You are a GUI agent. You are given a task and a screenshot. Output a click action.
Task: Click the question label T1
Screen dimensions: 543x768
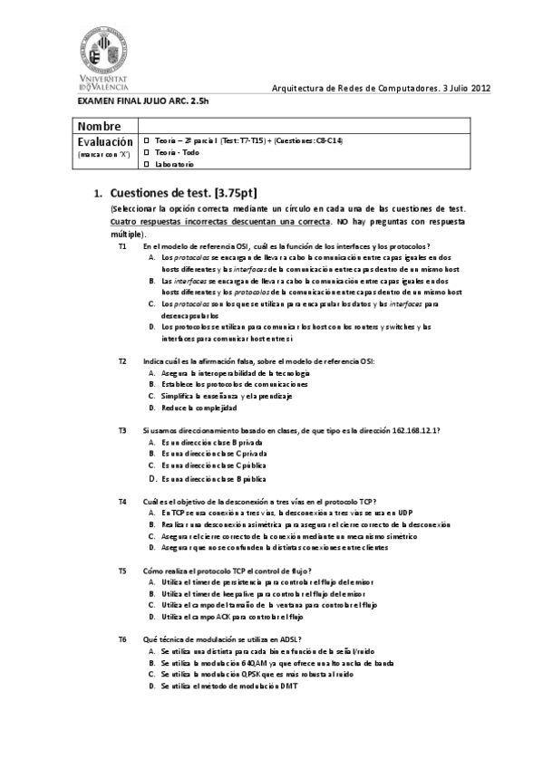point(122,246)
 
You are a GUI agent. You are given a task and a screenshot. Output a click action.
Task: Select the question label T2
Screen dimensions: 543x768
point(122,360)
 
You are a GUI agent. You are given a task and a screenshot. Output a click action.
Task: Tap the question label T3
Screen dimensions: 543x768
point(122,430)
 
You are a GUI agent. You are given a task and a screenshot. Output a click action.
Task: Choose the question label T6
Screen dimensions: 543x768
point(122,639)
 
